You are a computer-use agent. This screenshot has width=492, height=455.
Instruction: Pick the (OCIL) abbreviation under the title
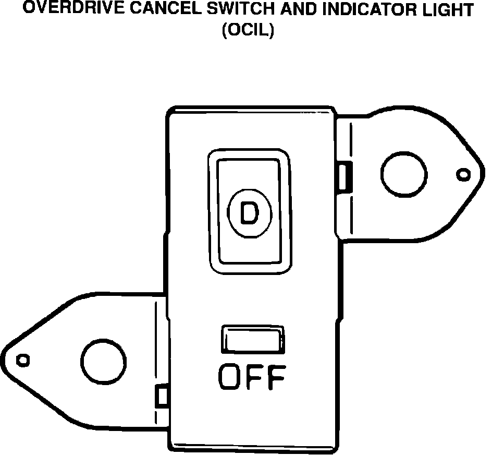(248, 30)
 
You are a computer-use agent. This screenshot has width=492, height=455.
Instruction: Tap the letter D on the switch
(250, 212)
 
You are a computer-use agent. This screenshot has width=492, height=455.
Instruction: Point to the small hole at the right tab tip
(463, 174)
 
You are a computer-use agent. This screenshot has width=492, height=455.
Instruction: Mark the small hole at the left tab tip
(23, 360)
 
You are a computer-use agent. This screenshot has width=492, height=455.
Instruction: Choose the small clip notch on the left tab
(162, 397)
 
